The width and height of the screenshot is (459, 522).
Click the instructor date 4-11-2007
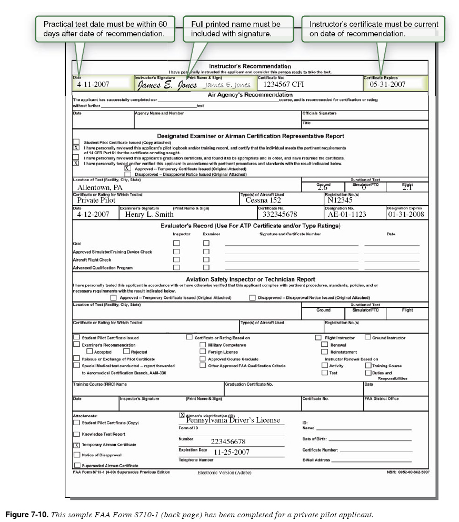(x=93, y=84)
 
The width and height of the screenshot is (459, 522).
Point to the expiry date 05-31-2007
(x=387, y=84)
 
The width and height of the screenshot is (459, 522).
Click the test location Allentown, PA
(x=99, y=187)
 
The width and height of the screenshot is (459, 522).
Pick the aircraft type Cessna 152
(x=263, y=200)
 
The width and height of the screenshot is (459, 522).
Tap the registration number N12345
(x=340, y=200)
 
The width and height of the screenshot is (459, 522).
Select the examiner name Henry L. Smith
(x=149, y=214)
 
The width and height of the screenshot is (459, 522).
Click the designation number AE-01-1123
(x=347, y=214)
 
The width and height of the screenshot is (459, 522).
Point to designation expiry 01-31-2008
(x=406, y=214)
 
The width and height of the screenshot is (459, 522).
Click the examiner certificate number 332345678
(x=280, y=214)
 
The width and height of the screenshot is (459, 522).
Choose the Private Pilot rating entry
(x=96, y=200)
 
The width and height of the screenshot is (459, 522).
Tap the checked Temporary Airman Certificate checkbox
(x=77, y=445)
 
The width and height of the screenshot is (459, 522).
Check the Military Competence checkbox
(x=203, y=345)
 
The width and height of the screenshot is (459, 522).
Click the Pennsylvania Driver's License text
(x=233, y=420)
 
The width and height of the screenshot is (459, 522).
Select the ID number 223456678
(x=228, y=441)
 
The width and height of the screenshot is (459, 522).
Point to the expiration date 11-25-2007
(x=232, y=451)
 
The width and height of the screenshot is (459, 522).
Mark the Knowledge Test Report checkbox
(x=77, y=434)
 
